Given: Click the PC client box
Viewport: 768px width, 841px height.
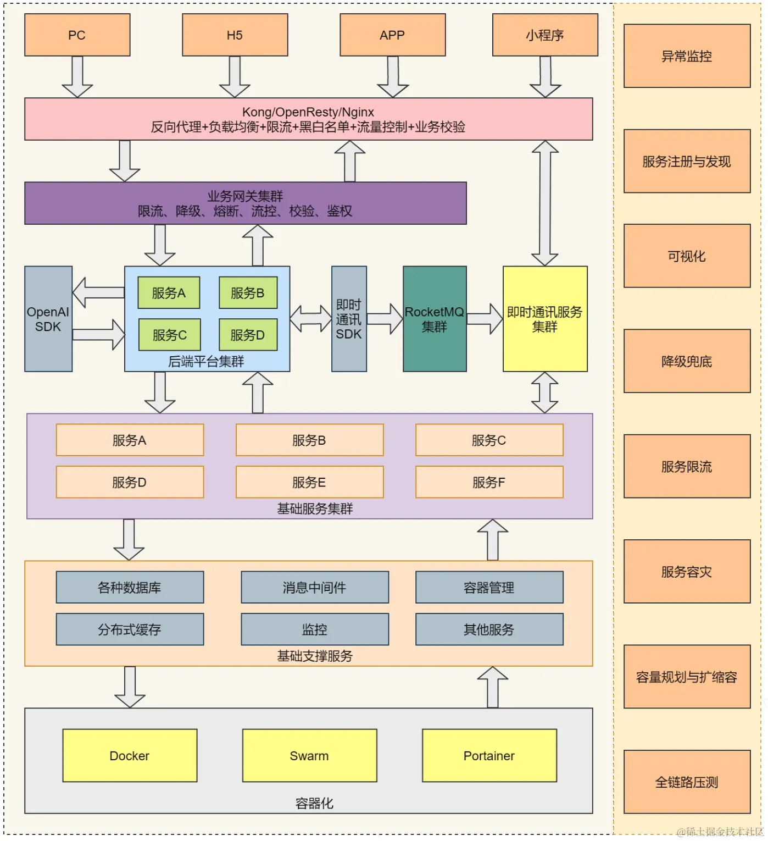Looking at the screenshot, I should coord(77,35).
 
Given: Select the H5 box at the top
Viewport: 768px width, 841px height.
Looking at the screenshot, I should coord(235,35).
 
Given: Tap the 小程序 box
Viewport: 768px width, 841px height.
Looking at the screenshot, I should coord(544,35).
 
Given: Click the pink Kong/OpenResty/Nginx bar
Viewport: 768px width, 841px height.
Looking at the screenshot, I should coord(308,119).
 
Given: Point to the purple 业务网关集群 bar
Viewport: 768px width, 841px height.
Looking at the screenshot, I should coord(245,203).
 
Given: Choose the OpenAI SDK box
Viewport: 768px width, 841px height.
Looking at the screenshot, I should coord(48,319).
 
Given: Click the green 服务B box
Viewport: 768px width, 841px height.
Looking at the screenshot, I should coord(248,293).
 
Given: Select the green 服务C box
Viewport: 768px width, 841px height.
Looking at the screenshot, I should coord(169,335).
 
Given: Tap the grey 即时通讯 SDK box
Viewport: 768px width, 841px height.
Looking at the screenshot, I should coord(349,319).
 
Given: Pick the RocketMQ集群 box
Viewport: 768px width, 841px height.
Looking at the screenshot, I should coord(435,319).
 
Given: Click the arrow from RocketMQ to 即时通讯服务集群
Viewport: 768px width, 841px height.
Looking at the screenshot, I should coord(485,319).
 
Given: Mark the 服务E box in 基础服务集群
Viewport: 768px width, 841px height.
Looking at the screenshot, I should coord(309,482).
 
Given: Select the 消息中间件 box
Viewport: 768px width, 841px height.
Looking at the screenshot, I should coord(314,588).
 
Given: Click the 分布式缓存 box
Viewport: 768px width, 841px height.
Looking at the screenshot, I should coord(130,629).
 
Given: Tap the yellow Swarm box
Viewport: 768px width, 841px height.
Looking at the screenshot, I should coord(309,756).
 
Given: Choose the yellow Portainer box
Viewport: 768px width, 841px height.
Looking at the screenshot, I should coord(489,756).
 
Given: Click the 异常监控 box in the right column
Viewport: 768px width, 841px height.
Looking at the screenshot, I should coord(687,56).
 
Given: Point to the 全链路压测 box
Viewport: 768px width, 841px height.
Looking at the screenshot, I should coord(687,782).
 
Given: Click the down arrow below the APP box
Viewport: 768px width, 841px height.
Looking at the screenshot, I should coord(393,77).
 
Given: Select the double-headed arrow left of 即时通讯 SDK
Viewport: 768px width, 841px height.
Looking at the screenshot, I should coord(311,319).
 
